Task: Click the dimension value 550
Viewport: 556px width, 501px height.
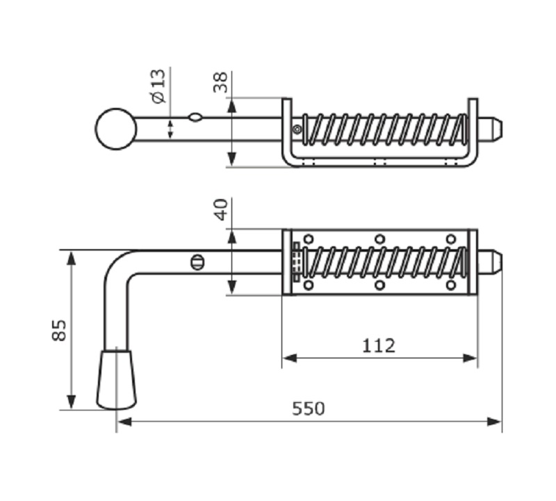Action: pos(308,408)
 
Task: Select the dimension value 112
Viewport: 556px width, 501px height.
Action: pos(379,345)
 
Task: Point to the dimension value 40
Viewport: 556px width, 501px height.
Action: pos(221,209)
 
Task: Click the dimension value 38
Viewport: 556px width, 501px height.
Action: pos(221,82)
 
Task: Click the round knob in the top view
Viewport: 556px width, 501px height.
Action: pos(115,129)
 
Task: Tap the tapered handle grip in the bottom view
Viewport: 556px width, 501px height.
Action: pos(116,379)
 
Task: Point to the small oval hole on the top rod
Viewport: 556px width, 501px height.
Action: pos(196,118)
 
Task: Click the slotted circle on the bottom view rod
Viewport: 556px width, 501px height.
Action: pos(197,262)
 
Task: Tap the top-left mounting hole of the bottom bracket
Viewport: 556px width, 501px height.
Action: pos(309,239)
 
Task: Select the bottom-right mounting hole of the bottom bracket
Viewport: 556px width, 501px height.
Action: pos(451,285)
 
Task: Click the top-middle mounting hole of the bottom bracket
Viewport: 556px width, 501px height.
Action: pos(379,239)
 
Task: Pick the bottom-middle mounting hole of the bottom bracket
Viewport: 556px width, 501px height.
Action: pos(379,285)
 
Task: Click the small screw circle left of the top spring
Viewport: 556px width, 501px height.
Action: pos(297,129)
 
